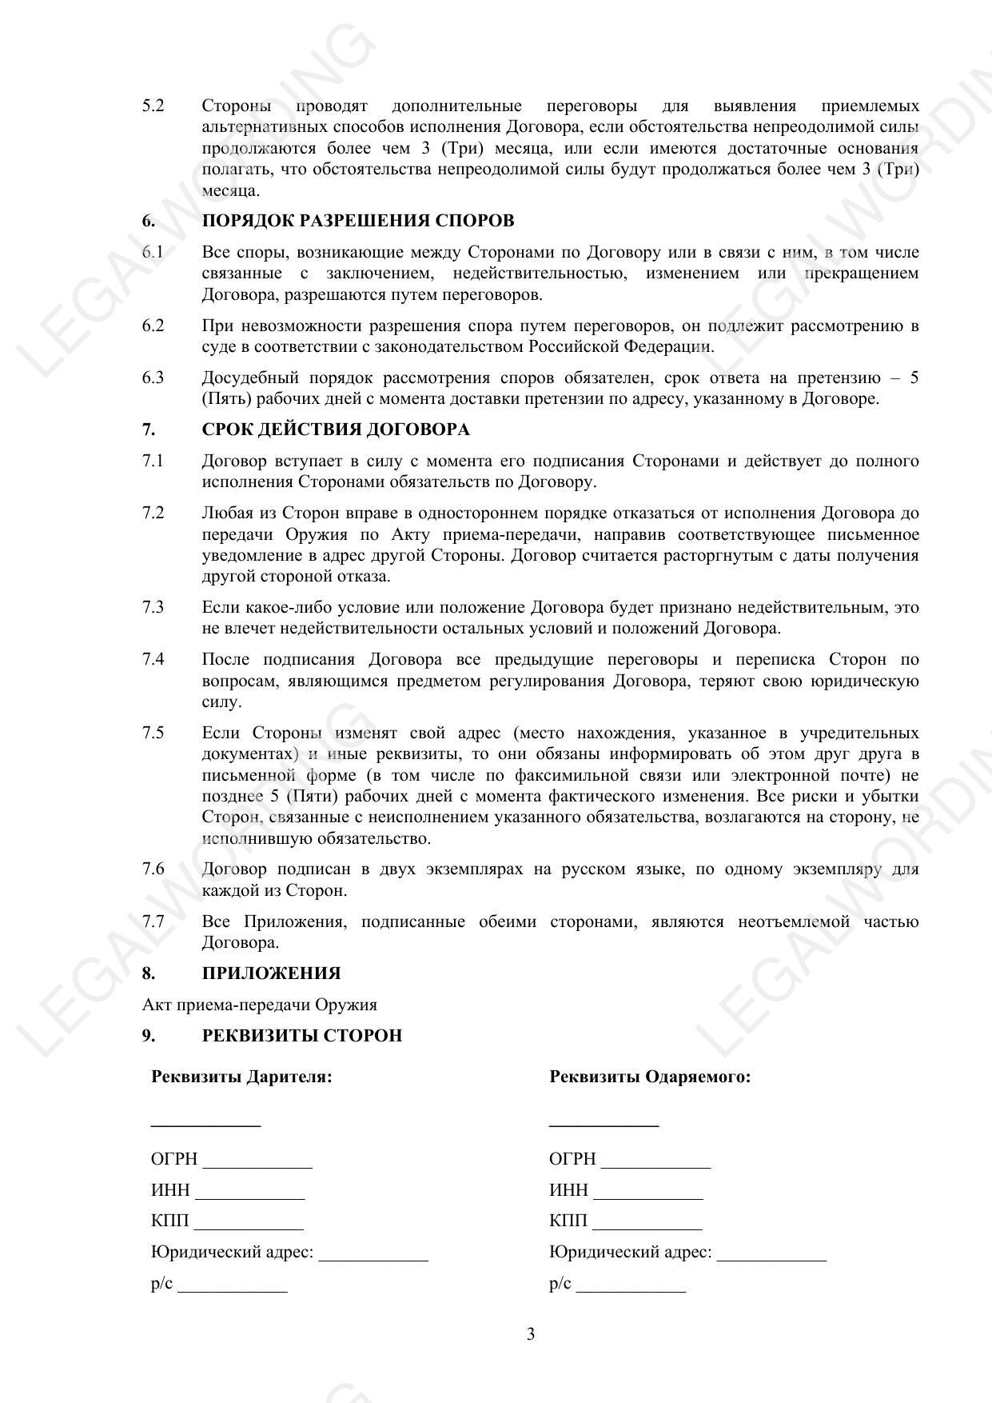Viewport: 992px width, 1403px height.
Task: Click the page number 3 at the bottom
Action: click(531, 1334)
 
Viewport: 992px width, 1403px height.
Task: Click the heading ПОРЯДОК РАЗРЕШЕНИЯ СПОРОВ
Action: click(357, 221)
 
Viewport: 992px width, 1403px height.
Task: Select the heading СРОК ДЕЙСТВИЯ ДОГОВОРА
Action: click(335, 430)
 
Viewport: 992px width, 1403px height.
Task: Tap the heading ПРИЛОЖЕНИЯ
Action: click(271, 973)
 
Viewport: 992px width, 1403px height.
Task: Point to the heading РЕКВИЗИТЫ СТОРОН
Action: click(301, 1036)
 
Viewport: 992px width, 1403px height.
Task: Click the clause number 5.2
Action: click(153, 106)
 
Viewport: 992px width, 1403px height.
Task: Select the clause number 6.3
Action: click(153, 378)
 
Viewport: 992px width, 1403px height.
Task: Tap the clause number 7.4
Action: click(153, 659)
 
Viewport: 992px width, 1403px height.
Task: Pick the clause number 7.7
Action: click(153, 921)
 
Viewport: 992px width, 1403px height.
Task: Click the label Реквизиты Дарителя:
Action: click(241, 1077)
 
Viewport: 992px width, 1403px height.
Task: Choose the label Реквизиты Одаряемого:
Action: click(650, 1077)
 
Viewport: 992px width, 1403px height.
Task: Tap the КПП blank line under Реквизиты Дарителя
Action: click(249, 1226)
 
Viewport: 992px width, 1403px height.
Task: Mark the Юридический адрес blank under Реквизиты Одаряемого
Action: click(771, 1257)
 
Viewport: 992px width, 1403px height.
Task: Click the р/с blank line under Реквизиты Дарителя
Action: click(232, 1289)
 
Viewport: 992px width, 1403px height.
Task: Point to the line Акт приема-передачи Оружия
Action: click(260, 1005)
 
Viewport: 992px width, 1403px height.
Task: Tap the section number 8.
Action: click(149, 973)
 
